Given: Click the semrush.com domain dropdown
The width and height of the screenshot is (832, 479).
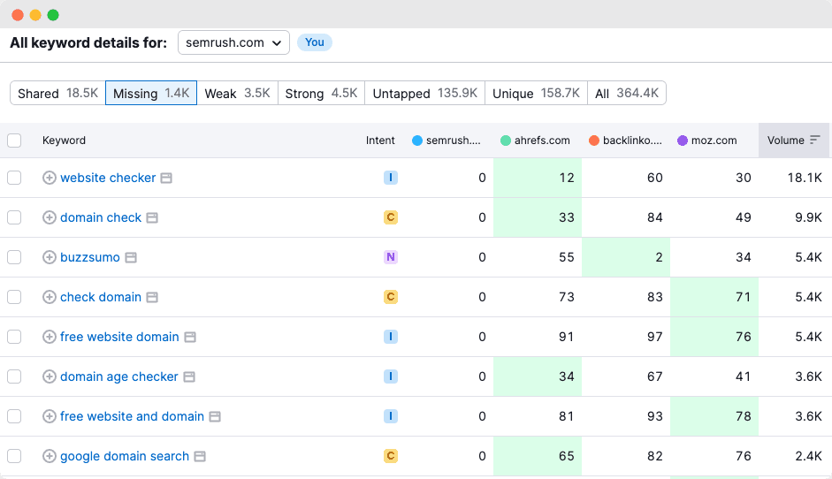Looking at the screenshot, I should coord(233,42).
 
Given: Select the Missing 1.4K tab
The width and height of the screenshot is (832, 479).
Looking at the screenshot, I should coord(151,93).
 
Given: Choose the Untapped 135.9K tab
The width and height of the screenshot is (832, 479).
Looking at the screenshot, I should coord(425,93).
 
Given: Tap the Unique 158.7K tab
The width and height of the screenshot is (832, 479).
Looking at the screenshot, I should coord(536,93).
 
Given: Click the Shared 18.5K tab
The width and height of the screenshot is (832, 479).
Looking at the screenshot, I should coord(58,93).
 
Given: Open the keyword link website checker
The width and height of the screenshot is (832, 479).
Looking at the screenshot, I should coord(108,178).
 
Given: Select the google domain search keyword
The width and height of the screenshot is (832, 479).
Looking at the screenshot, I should coord(125,456).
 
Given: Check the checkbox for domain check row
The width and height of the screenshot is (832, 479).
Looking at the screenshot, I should coord(14,217).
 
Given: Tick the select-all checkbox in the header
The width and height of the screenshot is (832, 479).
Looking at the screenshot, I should coord(14,141).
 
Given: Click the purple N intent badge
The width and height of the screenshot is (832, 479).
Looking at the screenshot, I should coord(390,257).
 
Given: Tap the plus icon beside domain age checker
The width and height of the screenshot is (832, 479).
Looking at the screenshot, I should coord(50,376).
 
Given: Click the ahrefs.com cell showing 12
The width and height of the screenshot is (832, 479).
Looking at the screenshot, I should coord(538,178).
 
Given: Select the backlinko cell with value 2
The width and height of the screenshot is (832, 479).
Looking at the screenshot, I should coord(626,257).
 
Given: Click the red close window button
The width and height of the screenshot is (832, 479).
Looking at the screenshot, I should coord(18,15).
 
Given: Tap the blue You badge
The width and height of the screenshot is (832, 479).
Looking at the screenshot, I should coord(315,42).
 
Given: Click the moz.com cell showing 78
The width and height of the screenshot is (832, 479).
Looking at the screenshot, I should coord(714,416).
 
